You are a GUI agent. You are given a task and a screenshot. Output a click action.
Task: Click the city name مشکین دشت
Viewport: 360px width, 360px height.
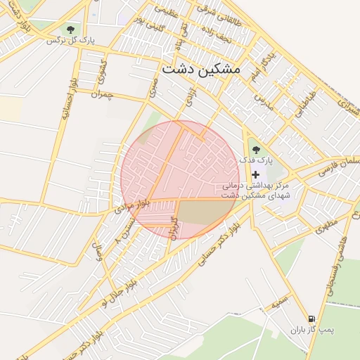click(x=200, y=69)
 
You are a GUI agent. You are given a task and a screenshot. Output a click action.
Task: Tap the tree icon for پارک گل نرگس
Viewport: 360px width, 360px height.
click(x=70, y=29)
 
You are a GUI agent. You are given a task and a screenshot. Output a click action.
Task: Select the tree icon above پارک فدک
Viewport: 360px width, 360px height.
click(x=255, y=149)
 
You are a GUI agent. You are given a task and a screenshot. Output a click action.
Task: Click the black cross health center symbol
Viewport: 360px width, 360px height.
click(x=255, y=174)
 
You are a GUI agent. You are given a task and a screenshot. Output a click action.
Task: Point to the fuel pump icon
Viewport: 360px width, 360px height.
click(x=311, y=319)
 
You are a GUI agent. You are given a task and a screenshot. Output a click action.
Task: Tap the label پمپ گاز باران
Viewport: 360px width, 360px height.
click(x=314, y=330)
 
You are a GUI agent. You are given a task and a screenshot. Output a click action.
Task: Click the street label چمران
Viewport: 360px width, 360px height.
click(x=102, y=95)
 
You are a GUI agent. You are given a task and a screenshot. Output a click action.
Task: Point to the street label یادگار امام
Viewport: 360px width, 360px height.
click(x=262, y=64)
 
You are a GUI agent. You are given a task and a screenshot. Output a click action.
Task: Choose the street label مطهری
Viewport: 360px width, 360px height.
click(x=326, y=226)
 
